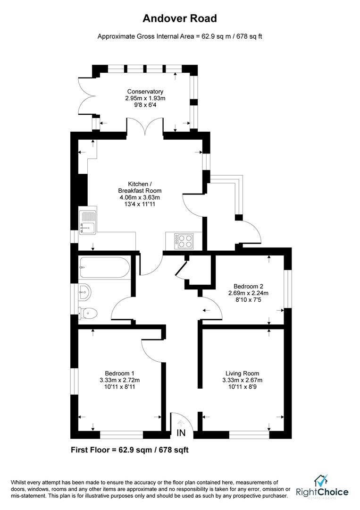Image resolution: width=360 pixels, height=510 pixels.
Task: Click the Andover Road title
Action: click(180, 19)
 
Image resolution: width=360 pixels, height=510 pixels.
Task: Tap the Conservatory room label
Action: click(145, 92)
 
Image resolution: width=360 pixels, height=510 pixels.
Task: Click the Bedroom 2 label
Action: click(248, 286)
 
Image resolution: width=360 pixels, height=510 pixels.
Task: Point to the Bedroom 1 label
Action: click(119, 373)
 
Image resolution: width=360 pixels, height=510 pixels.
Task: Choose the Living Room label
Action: click(242, 373)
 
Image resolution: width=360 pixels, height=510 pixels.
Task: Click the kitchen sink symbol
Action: click(88, 222)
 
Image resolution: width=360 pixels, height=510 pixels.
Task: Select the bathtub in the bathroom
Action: click(105, 267)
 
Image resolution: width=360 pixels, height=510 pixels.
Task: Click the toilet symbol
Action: click(88, 312)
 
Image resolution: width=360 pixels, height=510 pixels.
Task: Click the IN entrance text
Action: click(181, 433)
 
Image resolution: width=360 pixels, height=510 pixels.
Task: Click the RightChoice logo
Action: click(323, 488)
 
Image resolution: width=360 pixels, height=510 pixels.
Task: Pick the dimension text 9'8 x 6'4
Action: click(145, 105)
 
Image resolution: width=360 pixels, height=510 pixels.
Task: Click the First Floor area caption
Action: click(130, 450)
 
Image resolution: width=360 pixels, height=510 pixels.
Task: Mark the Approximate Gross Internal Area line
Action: click(180, 36)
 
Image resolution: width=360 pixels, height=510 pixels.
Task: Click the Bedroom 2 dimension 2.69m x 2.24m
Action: click(248, 293)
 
